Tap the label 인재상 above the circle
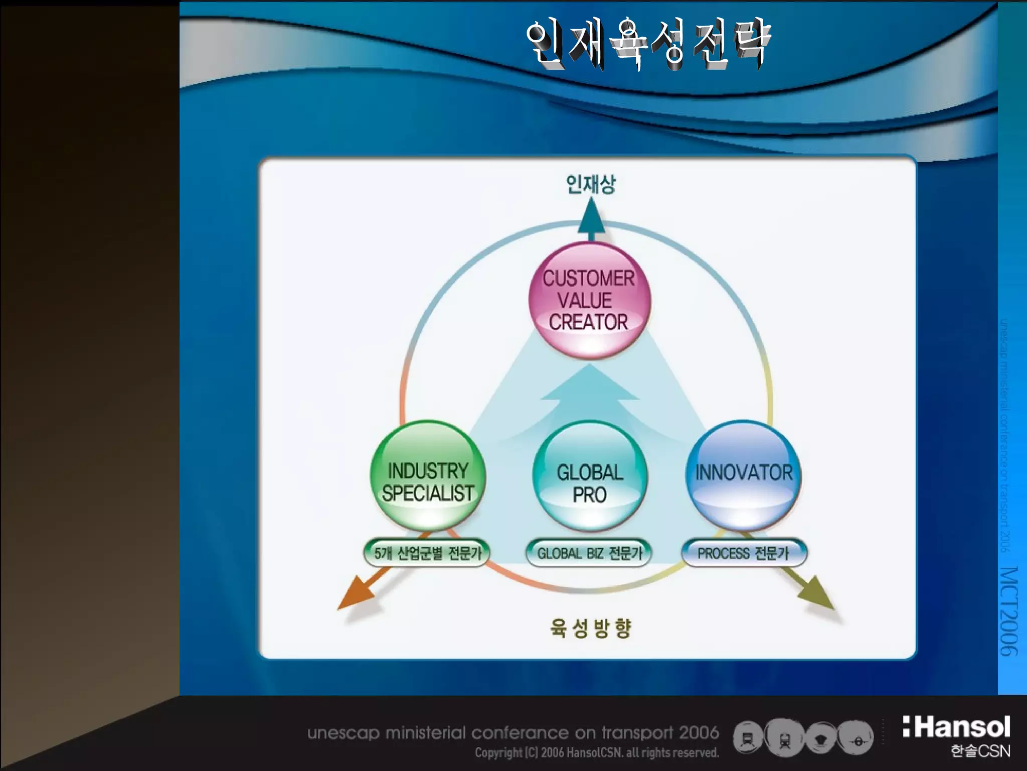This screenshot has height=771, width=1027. point(590,184)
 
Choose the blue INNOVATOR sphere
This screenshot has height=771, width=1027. point(743,476)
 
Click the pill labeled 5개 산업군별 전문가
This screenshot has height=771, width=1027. point(427,553)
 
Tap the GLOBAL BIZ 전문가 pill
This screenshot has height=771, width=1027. point(589,553)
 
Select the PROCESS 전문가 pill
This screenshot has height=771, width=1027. point(743,553)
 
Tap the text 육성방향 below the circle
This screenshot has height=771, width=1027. point(590,627)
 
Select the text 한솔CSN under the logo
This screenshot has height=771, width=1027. point(980,751)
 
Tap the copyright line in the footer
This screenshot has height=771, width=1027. point(597,753)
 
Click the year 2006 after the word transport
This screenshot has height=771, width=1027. point(699,733)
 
